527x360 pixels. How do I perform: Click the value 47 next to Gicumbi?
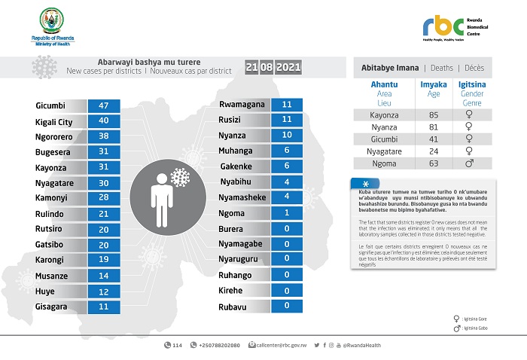104,105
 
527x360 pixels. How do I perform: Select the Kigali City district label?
54,121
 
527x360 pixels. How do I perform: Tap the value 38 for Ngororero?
104,136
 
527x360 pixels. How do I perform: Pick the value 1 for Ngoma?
286,213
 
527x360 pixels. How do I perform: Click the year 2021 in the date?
289,68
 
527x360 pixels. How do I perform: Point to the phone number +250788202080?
218,345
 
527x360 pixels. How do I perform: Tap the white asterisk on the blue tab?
366,185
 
